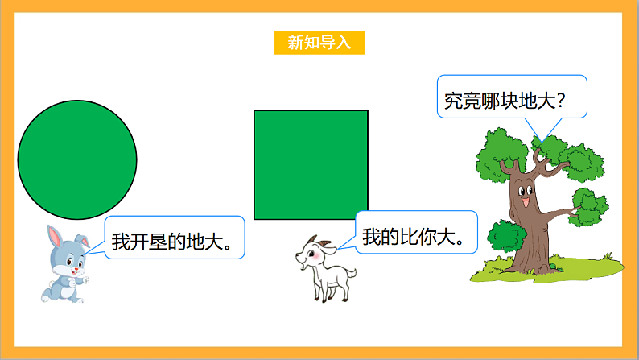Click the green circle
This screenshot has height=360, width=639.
[x=77, y=159]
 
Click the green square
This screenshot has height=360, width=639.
[x=311, y=164]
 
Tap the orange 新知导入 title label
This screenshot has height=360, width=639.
[x=319, y=43]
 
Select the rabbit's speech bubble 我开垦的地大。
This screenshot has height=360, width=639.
[x=174, y=238]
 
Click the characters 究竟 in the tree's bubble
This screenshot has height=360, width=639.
[x=464, y=101]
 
